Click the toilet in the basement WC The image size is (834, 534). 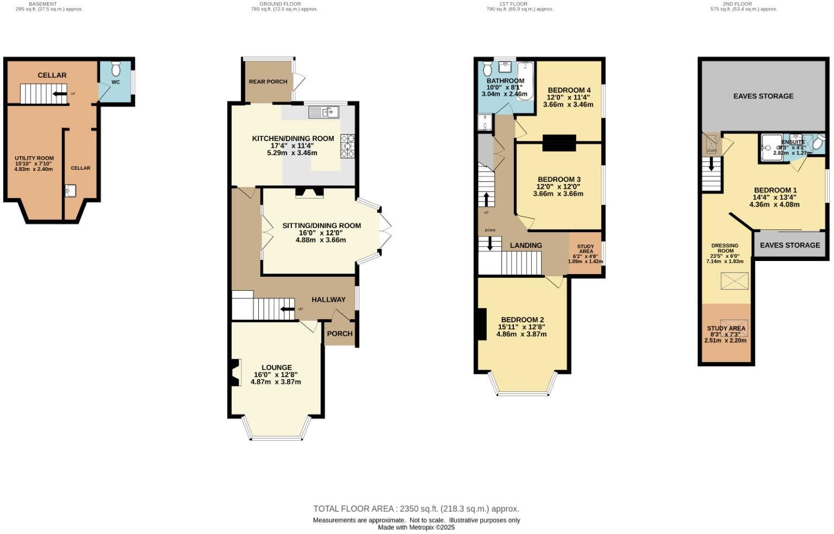(x=116, y=69)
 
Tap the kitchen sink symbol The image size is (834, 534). (x=323, y=112)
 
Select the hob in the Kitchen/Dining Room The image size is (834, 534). (x=347, y=147)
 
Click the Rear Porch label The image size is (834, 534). (x=268, y=82)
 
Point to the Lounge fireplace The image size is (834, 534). (x=234, y=373)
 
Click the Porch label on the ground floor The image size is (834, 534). (x=340, y=334)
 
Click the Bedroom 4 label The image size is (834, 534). (x=569, y=90)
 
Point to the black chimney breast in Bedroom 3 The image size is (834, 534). (x=559, y=143)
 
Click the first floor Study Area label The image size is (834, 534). (x=585, y=249)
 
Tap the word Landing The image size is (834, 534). (x=526, y=245)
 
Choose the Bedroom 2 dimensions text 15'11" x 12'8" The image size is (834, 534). (x=521, y=327)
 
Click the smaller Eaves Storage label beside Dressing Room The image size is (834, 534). (x=790, y=245)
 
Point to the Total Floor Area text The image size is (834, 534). (x=416, y=509)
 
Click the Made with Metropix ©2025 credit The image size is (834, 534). (x=416, y=527)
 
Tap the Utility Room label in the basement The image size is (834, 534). (x=34, y=158)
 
